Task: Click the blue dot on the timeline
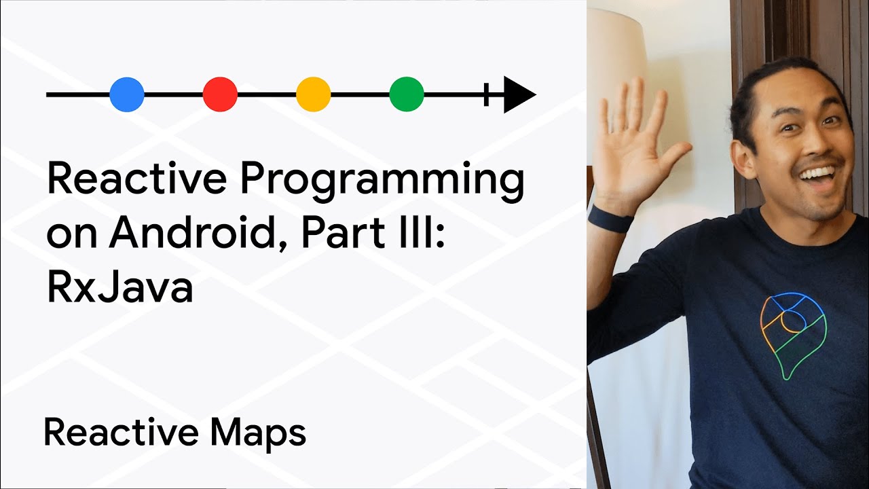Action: tap(127, 94)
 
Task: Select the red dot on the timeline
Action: tap(220, 94)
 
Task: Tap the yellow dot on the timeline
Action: tap(313, 94)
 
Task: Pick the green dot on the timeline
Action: tap(407, 94)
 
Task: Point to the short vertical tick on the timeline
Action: tap(486, 94)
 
